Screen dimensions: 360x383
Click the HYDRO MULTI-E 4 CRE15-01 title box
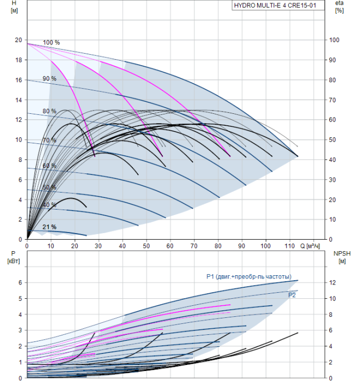pyautogui.click(x=278, y=5)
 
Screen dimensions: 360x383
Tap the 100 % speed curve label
pyautogui.click(x=51, y=43)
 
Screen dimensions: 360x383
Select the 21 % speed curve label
pyautogui.click(x=50, y=227)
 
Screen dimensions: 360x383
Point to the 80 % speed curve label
pyautogui.click(x=50, y=111)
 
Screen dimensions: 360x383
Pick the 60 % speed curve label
pyautogui.click(x=50, y=166)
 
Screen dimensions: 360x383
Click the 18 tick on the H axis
pyautogui.click(x=19, y=60)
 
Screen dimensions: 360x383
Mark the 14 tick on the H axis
pyautogui.click(x=19, y=100)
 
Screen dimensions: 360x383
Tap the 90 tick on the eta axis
pyautogui.click(x=332, y=60)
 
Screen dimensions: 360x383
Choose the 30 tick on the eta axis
pyautogui.click(x=332, y=180)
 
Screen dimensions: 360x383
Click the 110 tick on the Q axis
pyautogui.click(x=289, y=246)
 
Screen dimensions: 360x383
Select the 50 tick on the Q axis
pyautogui.click(x=146, y=246)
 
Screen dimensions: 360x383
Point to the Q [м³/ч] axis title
pyautogui.click(x=310, y=246)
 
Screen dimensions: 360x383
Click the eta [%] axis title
pyautogui.click(x=339, y=7)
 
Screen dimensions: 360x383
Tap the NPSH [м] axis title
pyautogui.click(x=342, y=258)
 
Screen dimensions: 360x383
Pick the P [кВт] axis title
pyautogui.click(x=14, y=258)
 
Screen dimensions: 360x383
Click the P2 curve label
pyautogui.click(x=292, y=295)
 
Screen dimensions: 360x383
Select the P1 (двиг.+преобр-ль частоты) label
pyautogui.click(x=249, y=277)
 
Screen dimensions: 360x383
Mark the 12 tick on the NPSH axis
pyautogui.click(x=332, y=283)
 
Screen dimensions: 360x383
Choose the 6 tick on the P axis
pyautogui.click(x=20, y=283)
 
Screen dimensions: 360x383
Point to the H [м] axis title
pyautogui.click(x=14, y=7)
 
